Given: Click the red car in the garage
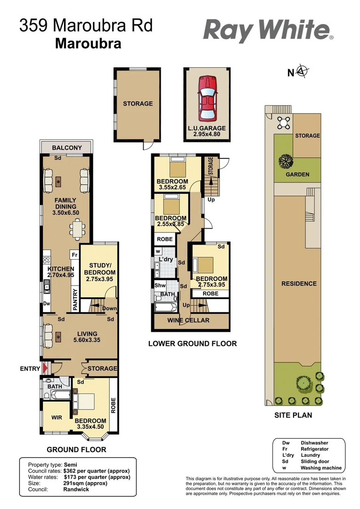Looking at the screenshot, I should pos(207,99).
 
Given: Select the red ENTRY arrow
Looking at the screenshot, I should pos(45,369).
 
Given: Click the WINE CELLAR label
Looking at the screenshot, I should pos(191,320).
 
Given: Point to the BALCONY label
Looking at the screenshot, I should pos(66,148).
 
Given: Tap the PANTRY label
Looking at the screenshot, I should pos(74,300).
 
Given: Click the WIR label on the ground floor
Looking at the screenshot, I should pos(57,417).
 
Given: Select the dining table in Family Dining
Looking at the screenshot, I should pos(75,231).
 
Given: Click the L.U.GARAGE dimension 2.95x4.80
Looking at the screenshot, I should pos(207,134).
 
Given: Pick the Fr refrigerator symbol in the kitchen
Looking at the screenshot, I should pos(74,254).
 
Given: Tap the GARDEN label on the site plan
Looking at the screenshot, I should pos(298,174).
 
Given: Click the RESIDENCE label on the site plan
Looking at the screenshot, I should pos(299,284).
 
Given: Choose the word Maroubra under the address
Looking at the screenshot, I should pos(88,43).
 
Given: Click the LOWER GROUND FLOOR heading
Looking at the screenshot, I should pos(192,344).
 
